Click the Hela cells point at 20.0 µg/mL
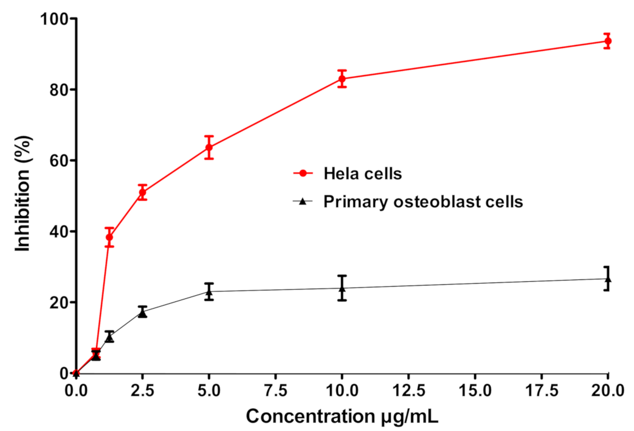pos(607,41)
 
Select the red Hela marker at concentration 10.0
pos(342,79)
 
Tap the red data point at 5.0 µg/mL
pos(209,147)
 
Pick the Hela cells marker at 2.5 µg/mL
pos(142,192)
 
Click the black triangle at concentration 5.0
pos(209,292)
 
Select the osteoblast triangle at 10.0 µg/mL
pos(342,288)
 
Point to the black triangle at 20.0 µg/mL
pos(607,279)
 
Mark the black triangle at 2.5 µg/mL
pos(142,312)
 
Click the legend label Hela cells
pos(362,173)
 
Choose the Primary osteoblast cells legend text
pos(423,202)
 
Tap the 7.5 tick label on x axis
pos(275,390)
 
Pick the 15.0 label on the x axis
pos(475,390)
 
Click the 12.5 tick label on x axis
pos(408,390)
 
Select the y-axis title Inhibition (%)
pos(22,196)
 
